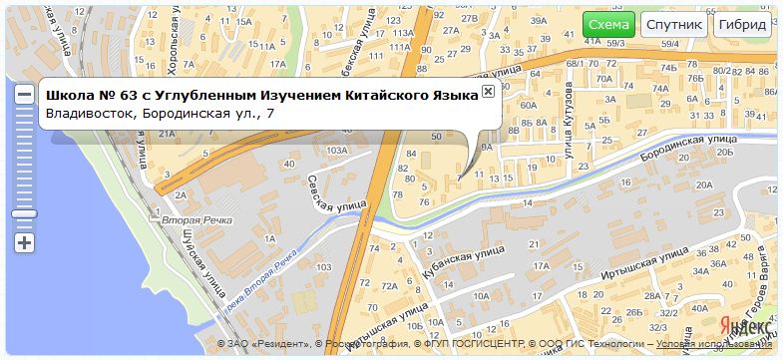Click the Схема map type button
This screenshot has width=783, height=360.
(608, 25)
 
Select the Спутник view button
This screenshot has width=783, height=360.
(674, 25)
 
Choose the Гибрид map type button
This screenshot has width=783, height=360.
(743, 25)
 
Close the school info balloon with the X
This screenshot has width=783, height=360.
(488, 92)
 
